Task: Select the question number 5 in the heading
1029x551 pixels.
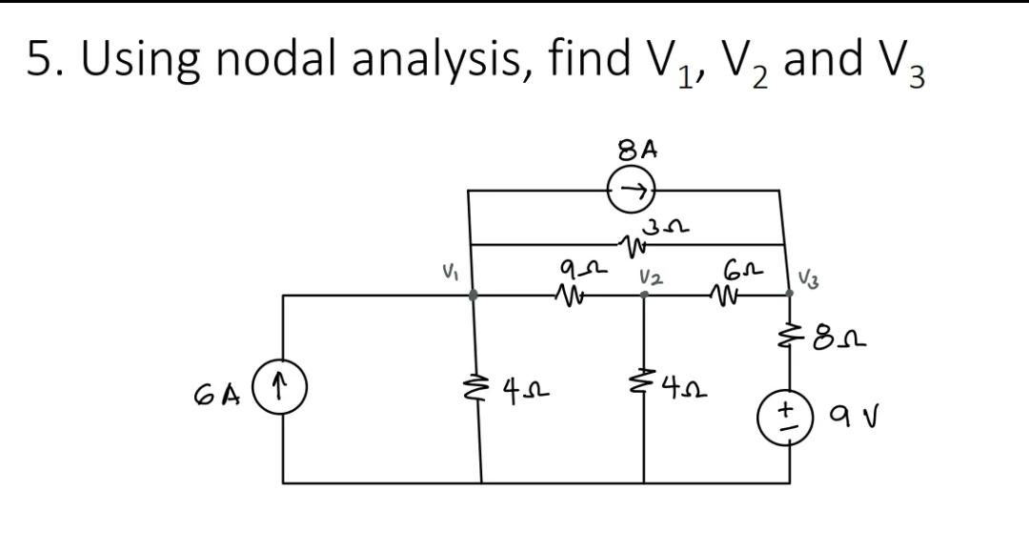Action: coord(39,59)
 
